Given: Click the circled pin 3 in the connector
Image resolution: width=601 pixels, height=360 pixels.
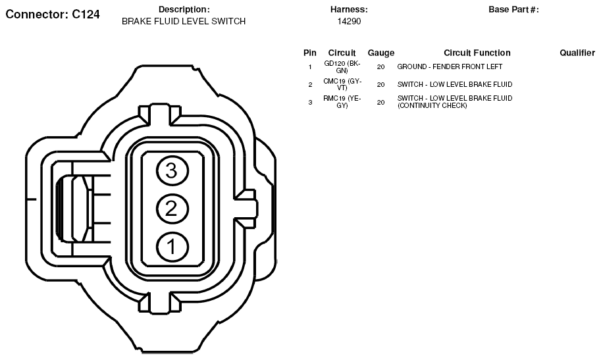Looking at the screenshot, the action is click(x=172, y=170).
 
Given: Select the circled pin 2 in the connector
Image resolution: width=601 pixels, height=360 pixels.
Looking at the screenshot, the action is click(x=172, y=209).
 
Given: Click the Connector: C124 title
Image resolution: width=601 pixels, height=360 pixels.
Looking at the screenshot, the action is click(x=53, y=14).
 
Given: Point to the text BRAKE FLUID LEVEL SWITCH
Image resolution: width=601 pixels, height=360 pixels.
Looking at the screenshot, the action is click(x=184, y=22).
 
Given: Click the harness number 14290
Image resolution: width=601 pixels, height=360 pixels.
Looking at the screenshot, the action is click(x=349, y=22).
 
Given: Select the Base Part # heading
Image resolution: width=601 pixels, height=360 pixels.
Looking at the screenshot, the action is click(x=513, y=10).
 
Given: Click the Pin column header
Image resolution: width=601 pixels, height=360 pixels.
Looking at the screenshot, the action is click(x=309, y=53).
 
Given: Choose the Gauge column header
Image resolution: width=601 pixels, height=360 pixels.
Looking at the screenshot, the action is click(x=380, y=53).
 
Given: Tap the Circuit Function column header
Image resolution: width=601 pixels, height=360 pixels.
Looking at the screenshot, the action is click(x=477, y=53).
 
